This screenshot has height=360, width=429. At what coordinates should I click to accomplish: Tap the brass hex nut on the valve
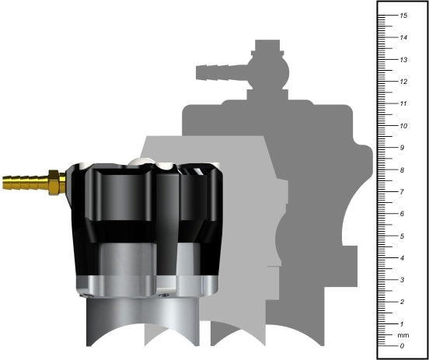click(x=54, y=182)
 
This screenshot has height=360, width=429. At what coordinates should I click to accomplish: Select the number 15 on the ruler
click(x=403, y=16)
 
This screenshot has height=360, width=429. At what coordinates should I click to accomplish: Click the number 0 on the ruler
click(x=402, y=345)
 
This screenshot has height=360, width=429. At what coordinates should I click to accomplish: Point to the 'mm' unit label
click(x=403, y=335)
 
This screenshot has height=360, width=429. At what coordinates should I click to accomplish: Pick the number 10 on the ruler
click(x=403, y=125)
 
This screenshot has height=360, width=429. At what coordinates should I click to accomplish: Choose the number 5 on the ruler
click(x=402, y=236)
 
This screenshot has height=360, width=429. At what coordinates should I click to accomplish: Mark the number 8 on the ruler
click(x=402, y=170)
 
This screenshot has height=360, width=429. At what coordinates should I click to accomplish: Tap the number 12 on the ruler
click(x=403, y=82)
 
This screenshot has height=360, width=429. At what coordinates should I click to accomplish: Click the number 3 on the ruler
click(x=402, y=279)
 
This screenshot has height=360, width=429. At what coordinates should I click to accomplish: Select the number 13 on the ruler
click(x=403, y=60)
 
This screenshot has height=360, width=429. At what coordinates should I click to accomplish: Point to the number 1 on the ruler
click(x=402, y=323)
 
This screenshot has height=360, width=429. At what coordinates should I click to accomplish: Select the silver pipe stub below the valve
click(x=124, y=319)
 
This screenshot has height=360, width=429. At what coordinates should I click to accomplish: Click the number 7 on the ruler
click(x=402, y=191)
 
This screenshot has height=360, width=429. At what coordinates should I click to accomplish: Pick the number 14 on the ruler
click(x=403, y=37)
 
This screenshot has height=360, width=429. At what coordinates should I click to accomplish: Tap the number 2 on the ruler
click(x=402, y=302)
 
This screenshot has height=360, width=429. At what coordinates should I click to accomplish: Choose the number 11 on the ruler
click(x=403, y=103)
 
